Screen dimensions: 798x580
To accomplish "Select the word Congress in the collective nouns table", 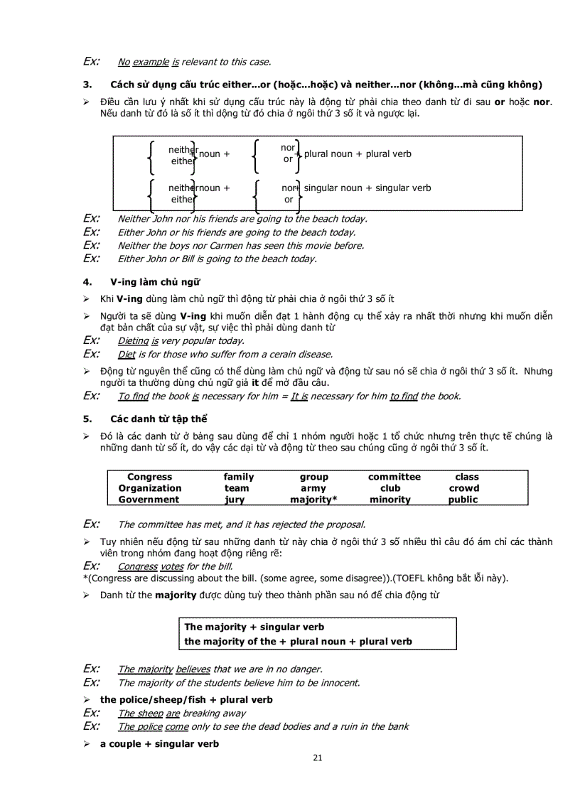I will coord(149,477).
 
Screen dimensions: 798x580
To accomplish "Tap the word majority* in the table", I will coord(313,500).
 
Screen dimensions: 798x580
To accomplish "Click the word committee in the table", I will coord(394,477).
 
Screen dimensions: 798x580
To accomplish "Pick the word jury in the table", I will coord(235,500).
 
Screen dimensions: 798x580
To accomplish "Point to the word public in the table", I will coord(463,500).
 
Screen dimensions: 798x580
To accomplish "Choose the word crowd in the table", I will coord(463,488).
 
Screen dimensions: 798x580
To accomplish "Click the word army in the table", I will coord(313,488).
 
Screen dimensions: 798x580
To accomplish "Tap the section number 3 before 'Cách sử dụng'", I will coord(87,85).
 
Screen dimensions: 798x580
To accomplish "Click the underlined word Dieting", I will coord(133,341).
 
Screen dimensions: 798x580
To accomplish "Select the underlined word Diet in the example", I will coord(127,354).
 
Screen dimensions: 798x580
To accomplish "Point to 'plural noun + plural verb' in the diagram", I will coord(358,154).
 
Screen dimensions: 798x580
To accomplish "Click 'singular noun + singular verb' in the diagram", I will coord(367,188).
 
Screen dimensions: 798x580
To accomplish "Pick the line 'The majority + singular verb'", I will coord(254,627).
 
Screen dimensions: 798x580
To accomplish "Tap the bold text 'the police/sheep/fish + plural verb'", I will coord(186,700).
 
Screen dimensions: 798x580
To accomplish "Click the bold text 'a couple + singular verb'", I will coord(159,744).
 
